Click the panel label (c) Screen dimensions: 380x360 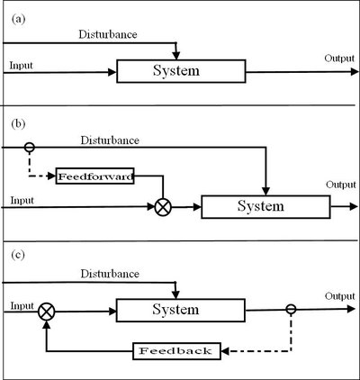(x=14, y=257)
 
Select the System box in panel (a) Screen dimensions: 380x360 (x=181, y=71)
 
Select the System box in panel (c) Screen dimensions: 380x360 (x=182, y=312)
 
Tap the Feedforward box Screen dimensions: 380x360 (x=95, y=176)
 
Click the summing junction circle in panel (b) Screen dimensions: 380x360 (x=162, y=206)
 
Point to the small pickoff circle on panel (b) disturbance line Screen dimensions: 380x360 (x=29, y=145)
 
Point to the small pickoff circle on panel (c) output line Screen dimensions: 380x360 (x=291, y=312)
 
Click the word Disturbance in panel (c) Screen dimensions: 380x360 (x=109, y=273)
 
